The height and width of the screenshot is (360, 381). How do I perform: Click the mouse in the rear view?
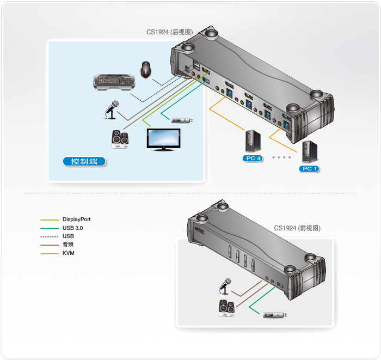click(146, 69)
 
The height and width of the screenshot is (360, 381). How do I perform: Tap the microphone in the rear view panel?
click(113, 109)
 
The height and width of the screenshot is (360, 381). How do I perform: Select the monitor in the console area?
click(164, 139)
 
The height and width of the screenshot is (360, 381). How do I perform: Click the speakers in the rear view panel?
click(120, 139)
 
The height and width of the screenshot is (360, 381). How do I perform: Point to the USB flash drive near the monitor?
click(182, 120)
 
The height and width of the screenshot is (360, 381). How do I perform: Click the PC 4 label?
click(253, 158)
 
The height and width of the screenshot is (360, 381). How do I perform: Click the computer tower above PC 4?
click(253, 141)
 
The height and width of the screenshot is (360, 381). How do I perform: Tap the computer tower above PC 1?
click(308, 152)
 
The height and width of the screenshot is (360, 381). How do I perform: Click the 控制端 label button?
click(84, 161)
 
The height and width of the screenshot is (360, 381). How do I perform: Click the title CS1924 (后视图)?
click(169, 32)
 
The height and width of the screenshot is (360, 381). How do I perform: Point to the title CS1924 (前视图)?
click(297, 228)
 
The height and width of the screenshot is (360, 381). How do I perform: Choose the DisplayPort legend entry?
click(76, 219)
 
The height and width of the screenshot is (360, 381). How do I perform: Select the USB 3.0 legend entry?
click(72, 228)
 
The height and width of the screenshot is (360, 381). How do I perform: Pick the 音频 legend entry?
click(68, 245)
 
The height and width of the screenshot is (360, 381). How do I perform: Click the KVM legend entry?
click(68, 253)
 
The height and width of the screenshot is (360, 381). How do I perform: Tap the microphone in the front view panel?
click(225, 285)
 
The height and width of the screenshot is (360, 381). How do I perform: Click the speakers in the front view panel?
click(226, 307)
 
